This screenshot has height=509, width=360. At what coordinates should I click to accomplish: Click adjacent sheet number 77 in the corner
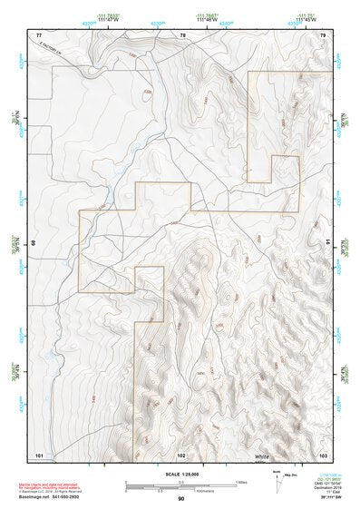point(39,34)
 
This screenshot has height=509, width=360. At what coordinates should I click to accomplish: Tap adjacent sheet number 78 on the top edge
point(182,34)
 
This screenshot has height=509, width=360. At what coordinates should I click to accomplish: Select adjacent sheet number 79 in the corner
point(322,34)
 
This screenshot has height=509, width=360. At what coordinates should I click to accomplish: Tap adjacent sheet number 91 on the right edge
point(326,243)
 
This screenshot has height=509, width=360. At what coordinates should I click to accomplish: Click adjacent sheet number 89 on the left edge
point(35,243)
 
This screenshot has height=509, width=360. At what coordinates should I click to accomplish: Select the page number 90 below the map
point(181,500)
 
